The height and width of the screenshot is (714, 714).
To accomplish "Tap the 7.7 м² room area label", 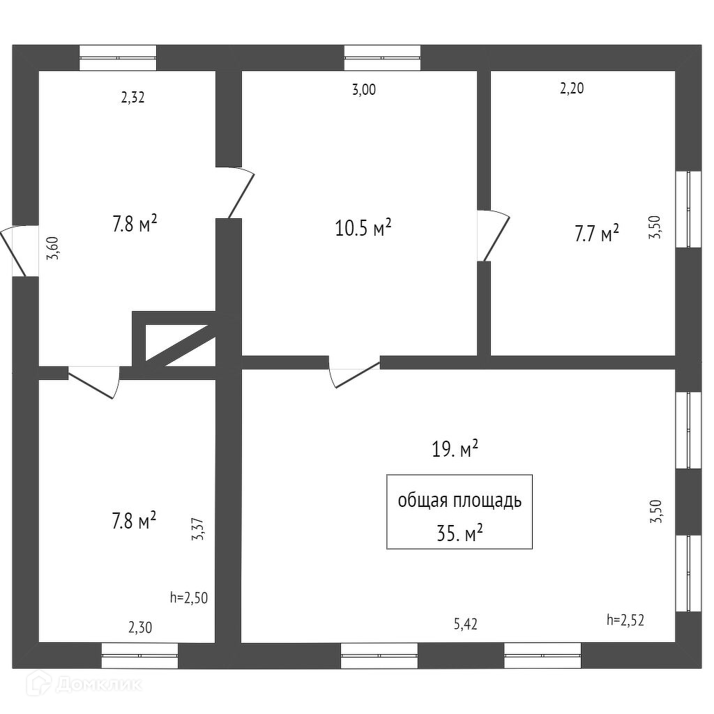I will click(597, 234).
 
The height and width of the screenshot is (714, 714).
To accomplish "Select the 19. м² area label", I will click(455, 449).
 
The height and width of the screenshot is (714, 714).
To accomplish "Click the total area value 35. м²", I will click(459, 533).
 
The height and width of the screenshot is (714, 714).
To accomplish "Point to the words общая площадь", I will click(459, 501).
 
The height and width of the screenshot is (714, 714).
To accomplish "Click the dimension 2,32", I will click(132, 98).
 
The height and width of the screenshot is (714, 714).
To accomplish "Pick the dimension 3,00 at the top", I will click(364, 89).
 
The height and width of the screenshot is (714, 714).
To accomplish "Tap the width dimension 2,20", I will click(572, 89).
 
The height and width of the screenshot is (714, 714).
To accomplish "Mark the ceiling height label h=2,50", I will click(189, 597).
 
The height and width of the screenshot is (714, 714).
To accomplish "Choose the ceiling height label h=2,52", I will click(625, 618).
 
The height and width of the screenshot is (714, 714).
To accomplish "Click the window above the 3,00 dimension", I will click(382, 58).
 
